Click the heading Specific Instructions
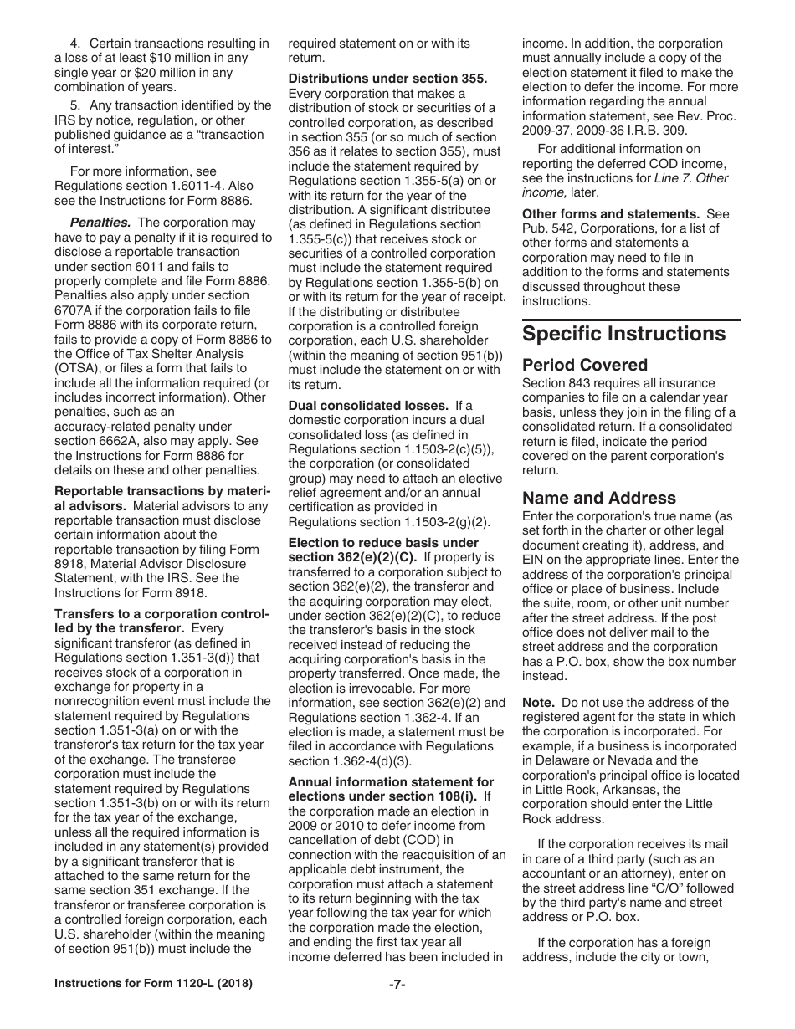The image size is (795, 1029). pyautogui.click(x=623, y=334)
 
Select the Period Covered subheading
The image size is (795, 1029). pyautogui.click(x=585, y=365)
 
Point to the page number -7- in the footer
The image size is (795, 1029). pyautogui.click(x=397, y=985)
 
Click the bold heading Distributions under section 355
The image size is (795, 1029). pyautogui.click(x=387, y=79)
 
